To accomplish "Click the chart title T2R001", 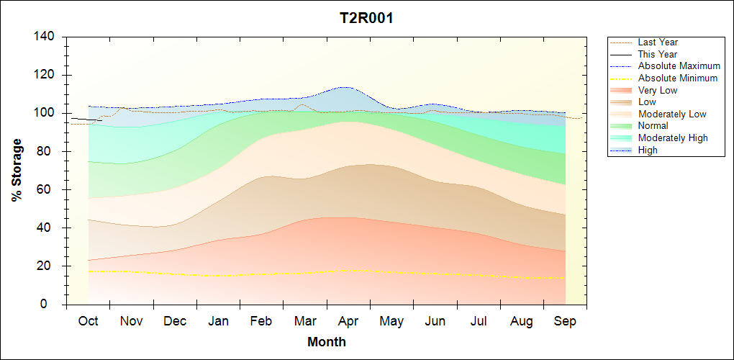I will point(366,19).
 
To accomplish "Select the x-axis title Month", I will point(327,342).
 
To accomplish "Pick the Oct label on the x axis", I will point(88,321).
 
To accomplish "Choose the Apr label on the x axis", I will point(349,321).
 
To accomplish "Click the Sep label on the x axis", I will point(565,321).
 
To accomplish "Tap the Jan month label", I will point(218,321).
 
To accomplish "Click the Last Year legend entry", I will point(658,42).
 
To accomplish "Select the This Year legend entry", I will point(658,54).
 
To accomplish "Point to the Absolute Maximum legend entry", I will point(679,66).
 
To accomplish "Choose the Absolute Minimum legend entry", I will point(677,78).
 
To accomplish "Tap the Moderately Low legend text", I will point(672,114).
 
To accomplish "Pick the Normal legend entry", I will point(653,126).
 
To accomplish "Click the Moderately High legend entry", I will point(673,138).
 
